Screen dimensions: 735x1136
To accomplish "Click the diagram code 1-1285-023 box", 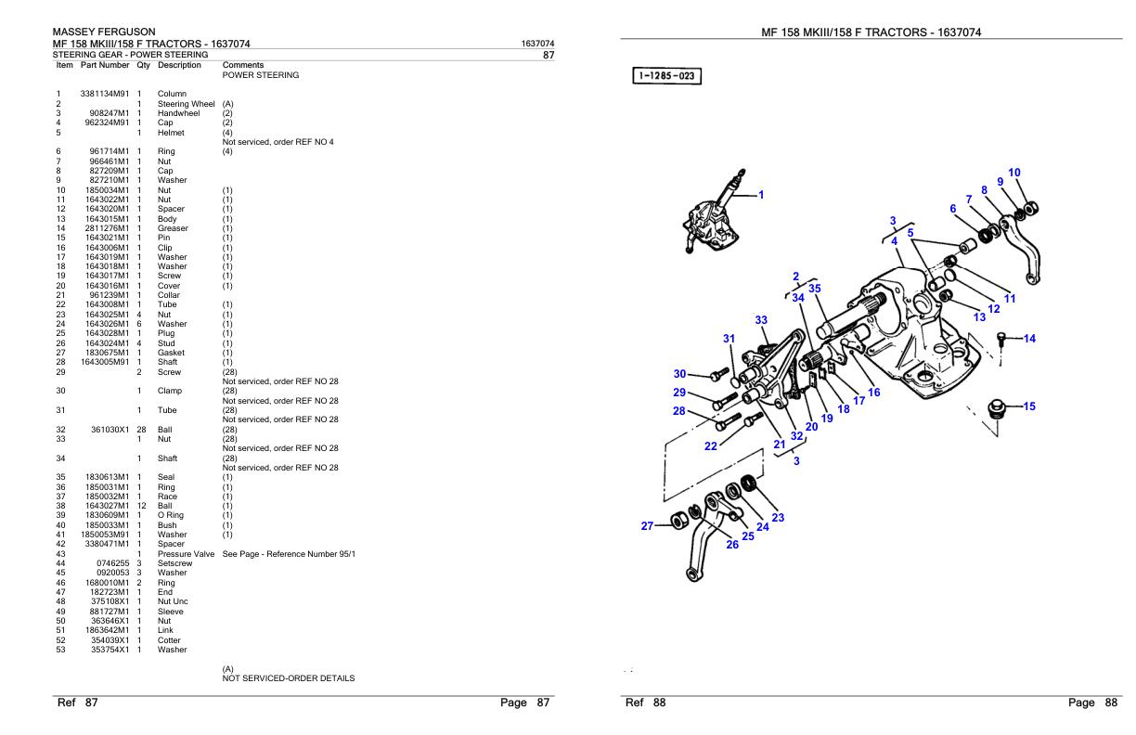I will click(x=666, y=75).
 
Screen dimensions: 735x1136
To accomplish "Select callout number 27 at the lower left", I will click(x=649, y=526).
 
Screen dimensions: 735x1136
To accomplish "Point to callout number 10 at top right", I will click(x=1014, y=173).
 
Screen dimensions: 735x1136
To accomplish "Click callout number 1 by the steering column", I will click(x=760, y=195).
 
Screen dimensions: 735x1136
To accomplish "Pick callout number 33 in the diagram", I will click(x=761, y=320).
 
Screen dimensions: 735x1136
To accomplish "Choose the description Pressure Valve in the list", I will click(x=186, y=554).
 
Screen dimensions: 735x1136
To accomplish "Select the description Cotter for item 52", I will click(x=170, y=640).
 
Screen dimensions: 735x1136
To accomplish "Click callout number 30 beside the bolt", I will click(x=680, y=373).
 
